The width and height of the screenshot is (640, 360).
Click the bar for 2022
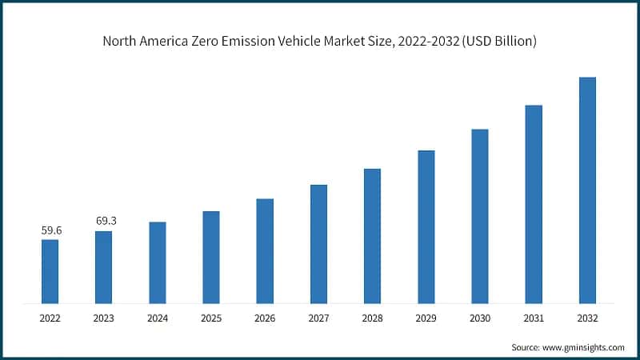50,271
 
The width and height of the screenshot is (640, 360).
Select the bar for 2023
103,267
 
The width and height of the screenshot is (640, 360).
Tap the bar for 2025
210,257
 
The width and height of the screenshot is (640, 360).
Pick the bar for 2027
318,244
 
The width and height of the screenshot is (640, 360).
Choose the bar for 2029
426,226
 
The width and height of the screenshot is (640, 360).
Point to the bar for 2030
479,216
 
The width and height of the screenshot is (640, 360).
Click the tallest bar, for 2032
587,190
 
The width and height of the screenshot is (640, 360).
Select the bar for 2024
157,262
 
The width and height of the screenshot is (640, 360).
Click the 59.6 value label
50,230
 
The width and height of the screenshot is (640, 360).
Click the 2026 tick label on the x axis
265,318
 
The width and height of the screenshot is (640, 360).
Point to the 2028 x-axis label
372,318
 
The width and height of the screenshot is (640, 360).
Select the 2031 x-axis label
534,318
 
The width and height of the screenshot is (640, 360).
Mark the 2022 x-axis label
50,318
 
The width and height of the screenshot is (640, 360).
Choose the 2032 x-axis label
587,318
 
